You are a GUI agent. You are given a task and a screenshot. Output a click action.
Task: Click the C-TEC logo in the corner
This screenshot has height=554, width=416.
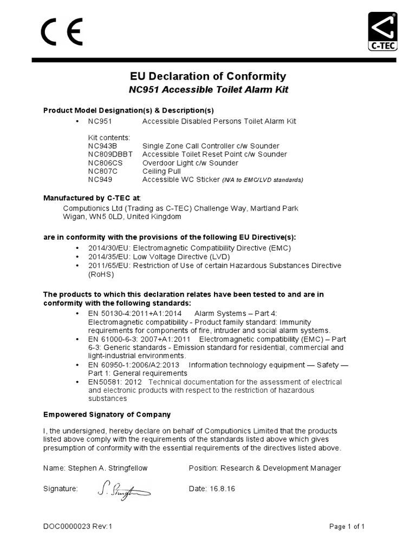383,32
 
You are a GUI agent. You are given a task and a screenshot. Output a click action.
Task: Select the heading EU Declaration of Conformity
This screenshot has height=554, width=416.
208,76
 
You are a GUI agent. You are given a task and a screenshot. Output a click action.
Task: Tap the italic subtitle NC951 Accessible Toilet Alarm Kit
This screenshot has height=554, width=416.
209,90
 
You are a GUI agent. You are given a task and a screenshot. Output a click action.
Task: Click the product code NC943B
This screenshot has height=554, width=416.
102,146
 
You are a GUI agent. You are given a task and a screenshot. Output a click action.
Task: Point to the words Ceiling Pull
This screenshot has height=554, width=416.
161,171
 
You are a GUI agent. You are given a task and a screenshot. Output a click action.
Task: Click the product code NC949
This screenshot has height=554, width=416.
100,179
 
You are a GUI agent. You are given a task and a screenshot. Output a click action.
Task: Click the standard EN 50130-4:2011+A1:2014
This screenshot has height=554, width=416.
134,313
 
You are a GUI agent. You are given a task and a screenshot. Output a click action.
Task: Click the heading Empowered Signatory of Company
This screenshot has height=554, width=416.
107,414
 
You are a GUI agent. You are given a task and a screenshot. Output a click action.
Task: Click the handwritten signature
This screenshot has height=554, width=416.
123,490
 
